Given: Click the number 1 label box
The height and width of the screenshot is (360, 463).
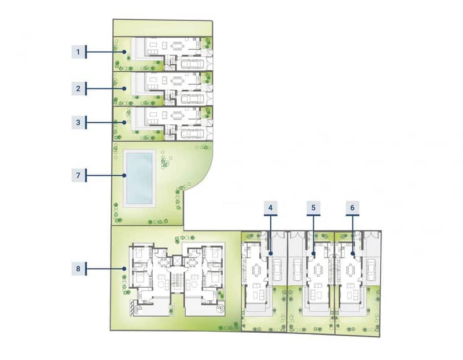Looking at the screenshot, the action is tap(78, 52).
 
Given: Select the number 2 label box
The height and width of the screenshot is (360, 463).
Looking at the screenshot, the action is tap(78, 89).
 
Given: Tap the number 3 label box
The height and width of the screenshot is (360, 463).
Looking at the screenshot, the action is tap(78, 122).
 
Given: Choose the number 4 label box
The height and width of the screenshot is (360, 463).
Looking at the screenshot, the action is tap(270, 208).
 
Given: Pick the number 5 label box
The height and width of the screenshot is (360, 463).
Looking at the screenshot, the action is tap(313, 208).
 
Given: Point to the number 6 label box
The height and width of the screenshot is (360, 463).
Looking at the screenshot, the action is tap(352, 208).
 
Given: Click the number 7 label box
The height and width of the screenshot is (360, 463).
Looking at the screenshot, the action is tap(78, 175).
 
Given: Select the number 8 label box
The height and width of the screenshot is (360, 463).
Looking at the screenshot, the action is tap(78, 269).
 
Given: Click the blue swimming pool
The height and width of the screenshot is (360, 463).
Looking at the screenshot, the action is tap(139, 179).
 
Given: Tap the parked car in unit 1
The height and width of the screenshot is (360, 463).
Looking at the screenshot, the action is tap(192, 64).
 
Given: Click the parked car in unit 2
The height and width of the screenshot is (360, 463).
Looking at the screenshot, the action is tap(192, 99).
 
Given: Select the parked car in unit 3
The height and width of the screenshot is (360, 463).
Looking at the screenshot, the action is tap(192, 134).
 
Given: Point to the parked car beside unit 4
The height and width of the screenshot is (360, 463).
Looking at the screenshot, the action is tap(277, 270).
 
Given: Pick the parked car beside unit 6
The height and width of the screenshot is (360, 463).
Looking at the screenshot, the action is tap(370, 270).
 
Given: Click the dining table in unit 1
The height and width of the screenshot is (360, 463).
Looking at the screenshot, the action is tap(178, 46).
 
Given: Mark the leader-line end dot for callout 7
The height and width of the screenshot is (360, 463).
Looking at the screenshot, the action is tap(124, 175).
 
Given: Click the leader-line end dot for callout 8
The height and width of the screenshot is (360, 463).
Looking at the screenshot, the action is tap(124, 269).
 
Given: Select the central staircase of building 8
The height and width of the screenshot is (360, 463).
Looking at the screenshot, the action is tap(177, 282).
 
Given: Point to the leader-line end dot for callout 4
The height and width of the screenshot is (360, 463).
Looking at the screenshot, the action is tap(270, 254).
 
